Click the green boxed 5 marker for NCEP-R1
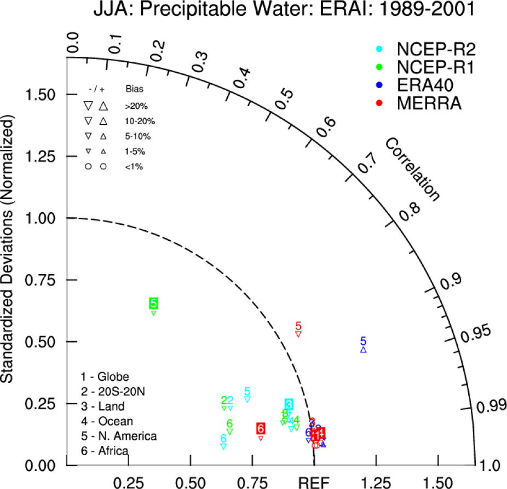click(x=154, y=303)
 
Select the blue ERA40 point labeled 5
click(x=363, y=341)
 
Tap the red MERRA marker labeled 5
click(x=298, y=326)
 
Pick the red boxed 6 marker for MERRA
click(x=261, y=429)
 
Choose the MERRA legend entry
click(x=422, y=103)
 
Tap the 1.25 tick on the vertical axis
click(x=44, y=156)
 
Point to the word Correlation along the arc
click(x=412, y=170)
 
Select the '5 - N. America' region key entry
click(x=119, y=436)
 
